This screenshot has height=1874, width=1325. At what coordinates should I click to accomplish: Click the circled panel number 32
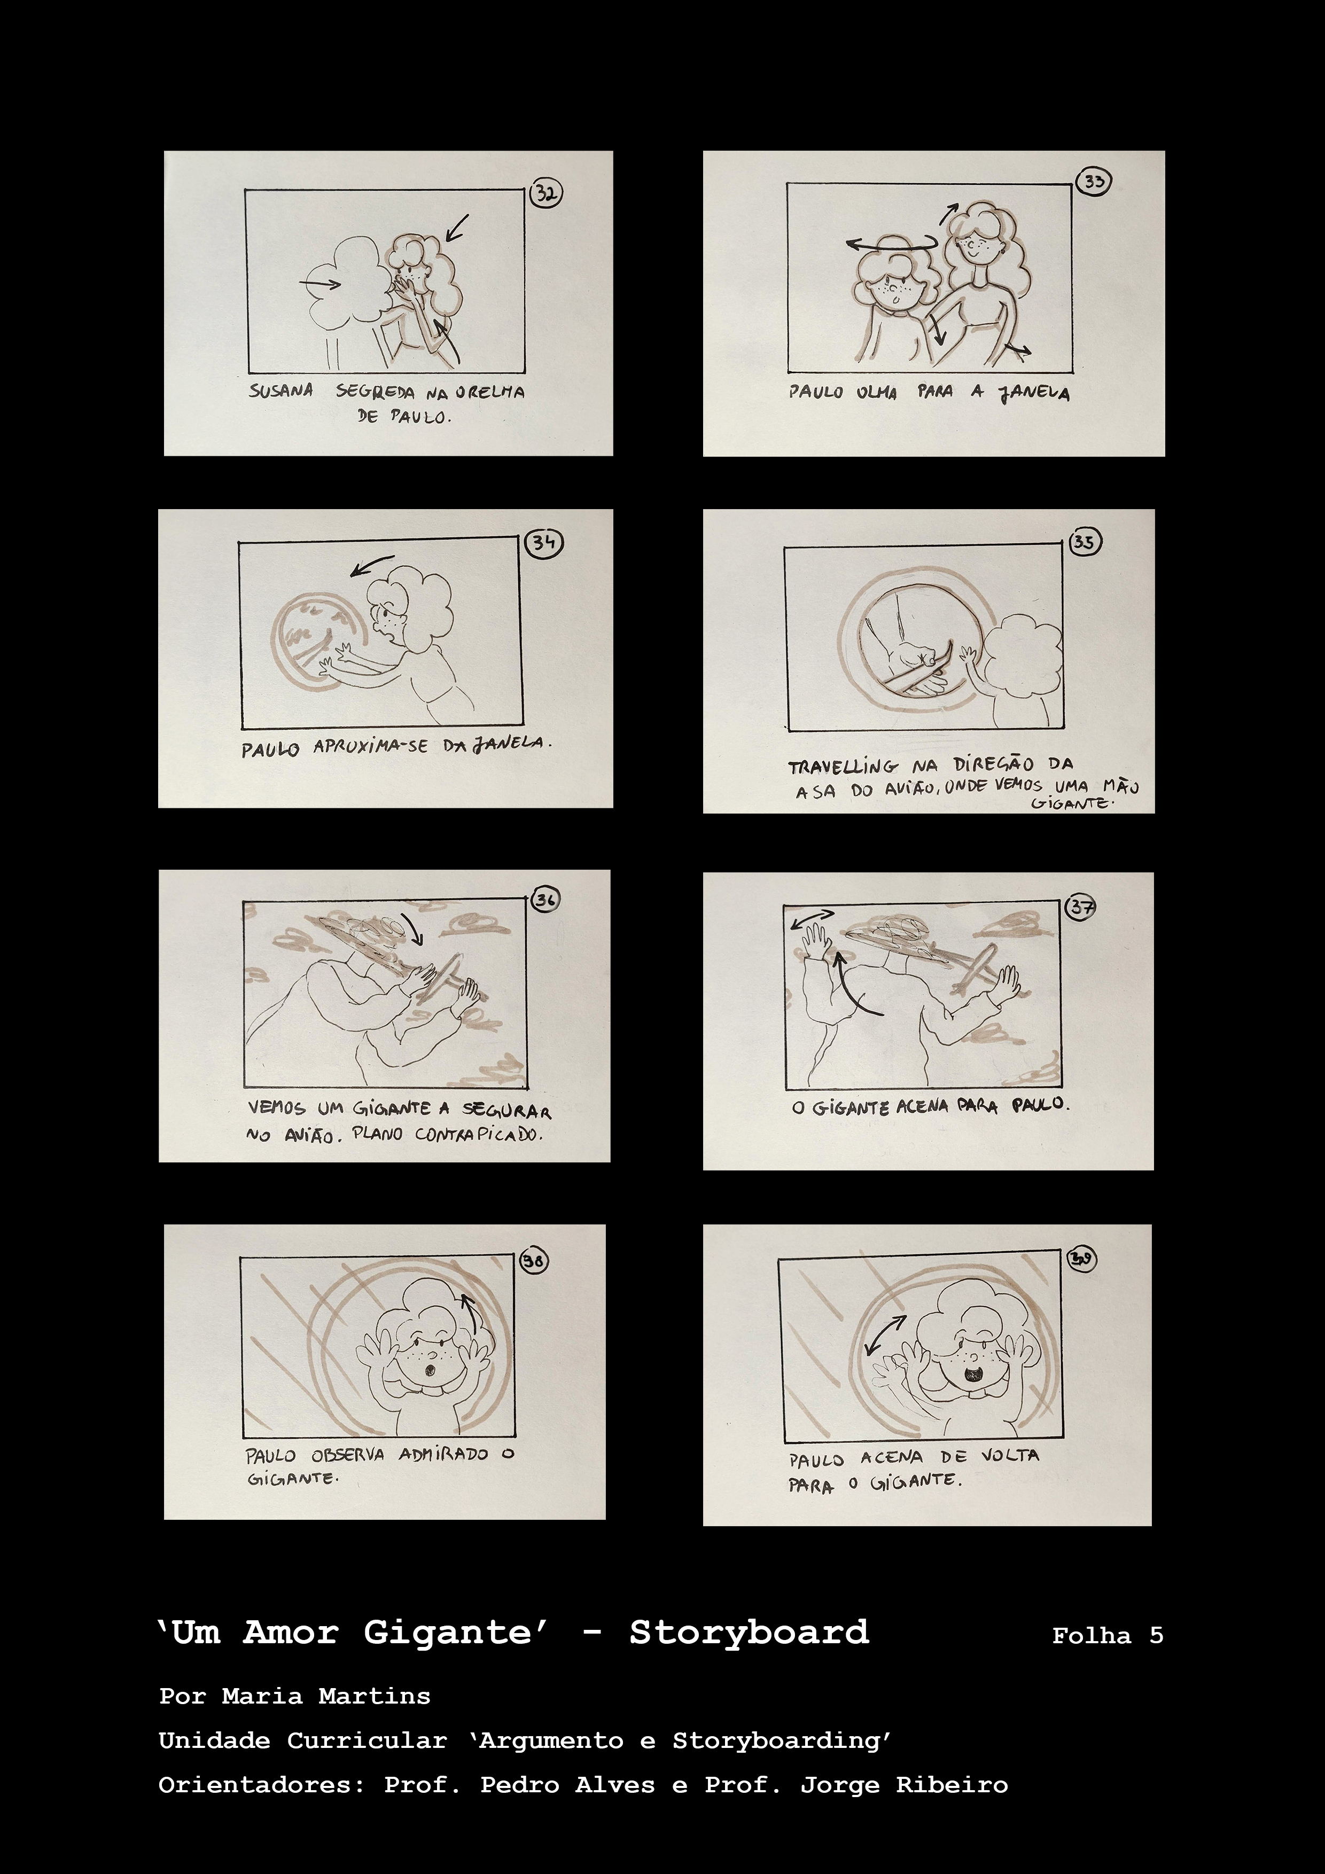(x=545, y=193)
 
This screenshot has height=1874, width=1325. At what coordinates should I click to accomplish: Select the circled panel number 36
(x=545, y=900)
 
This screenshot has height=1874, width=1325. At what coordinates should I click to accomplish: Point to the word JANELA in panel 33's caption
(x=1033, y=393)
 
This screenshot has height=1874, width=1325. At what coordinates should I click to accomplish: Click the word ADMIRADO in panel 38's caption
(x=443, y=1455)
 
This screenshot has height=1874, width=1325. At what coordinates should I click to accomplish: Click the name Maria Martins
(x=326, y=1696)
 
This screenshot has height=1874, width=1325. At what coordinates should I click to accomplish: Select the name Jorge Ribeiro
(x=904, y=1785)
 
